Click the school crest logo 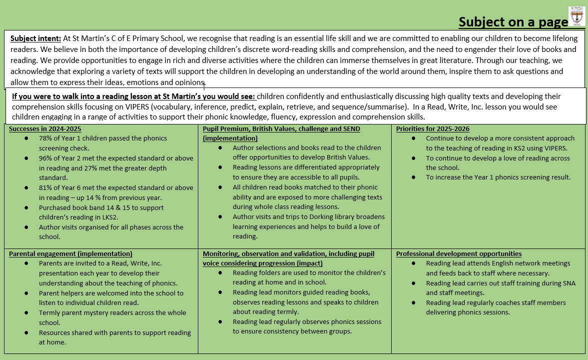[x=577, y=16]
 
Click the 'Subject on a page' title [x=513, y=22]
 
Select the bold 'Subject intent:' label [x=35, y=38]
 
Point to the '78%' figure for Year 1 [x=46, y=138]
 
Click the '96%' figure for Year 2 [x=46, y=158]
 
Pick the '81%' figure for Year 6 [x=46, y=187]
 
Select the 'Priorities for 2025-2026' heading [x=433, y=128]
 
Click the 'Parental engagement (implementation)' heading [x=70, y=253]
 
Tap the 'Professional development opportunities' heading [x=459, y=253]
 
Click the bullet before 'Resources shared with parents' [x=26, y=332]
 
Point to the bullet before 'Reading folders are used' [x=220, y=273]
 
